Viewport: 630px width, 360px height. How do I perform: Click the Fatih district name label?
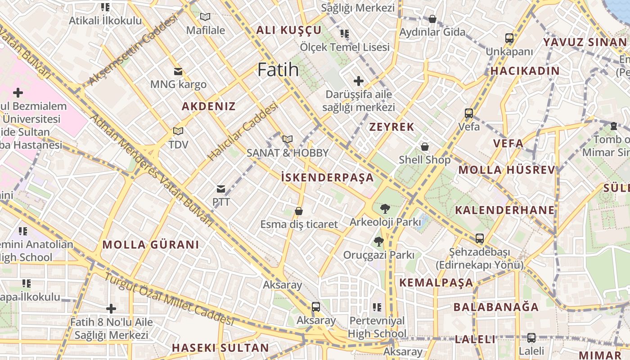click(278, 70)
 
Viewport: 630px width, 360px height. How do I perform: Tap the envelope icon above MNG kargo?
click(178, 71)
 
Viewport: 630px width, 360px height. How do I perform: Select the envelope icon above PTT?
click(221, 189)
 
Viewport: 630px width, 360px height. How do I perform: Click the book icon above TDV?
click(178, 131)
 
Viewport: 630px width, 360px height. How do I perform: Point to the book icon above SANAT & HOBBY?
click(288, 139)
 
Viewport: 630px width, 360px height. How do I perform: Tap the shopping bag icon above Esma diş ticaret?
click(298, 211)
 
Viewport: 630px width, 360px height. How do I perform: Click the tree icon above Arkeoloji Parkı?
click(385, 209)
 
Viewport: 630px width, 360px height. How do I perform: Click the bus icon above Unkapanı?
click(509, 38)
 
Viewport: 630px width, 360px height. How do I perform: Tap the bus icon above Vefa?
click(469, 113)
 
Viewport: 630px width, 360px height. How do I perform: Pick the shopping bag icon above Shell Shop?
click(424, 147)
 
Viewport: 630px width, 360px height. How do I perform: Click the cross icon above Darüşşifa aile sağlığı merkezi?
click(359, 81)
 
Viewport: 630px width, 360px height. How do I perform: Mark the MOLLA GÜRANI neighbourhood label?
click(151, 245)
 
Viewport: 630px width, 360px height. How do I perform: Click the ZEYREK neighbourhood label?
click(391, 127)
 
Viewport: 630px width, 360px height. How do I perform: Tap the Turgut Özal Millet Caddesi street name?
click(169, 299)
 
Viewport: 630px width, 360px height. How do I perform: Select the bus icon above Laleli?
click(531, 337)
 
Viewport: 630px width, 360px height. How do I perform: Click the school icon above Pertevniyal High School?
click(377, 307)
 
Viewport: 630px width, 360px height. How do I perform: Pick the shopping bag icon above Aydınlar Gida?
click(432, 19)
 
